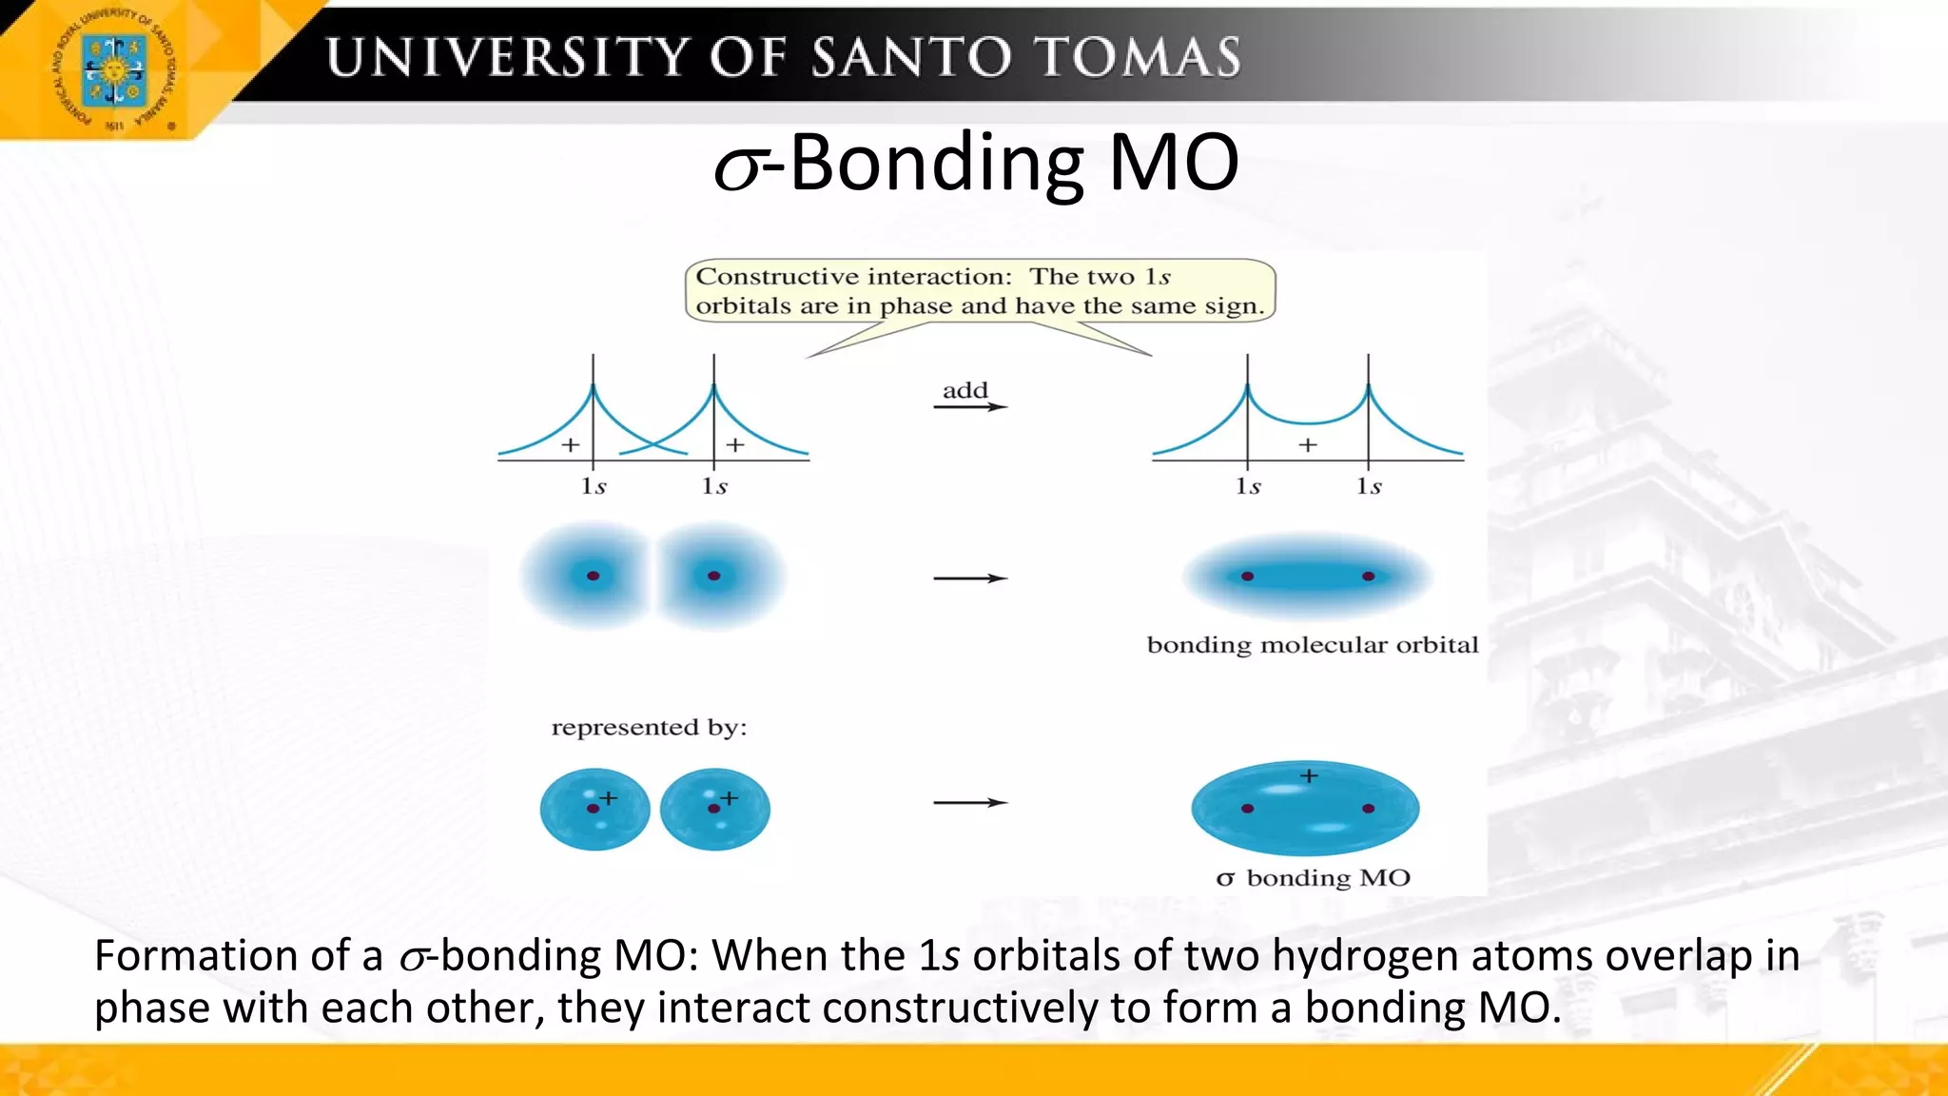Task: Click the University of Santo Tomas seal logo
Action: click(113, 70)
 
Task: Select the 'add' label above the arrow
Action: click(965, 390)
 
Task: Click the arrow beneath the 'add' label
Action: click(969, 407)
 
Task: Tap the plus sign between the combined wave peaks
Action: click(1308, 444)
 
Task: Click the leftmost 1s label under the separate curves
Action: click(594, 486)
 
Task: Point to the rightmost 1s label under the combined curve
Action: click(1369, 486)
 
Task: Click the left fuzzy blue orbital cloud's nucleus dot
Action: click(593, 576)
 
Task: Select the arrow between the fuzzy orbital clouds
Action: click(969, 578)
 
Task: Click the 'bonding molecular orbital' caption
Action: click(1312, 645)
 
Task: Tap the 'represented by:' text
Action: click(649, 728)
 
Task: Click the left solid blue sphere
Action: click(594, 810)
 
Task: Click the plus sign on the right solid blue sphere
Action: click(729, 798)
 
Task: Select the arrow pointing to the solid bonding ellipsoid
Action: click(969, 803)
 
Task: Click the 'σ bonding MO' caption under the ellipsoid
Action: click(1314, 878)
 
